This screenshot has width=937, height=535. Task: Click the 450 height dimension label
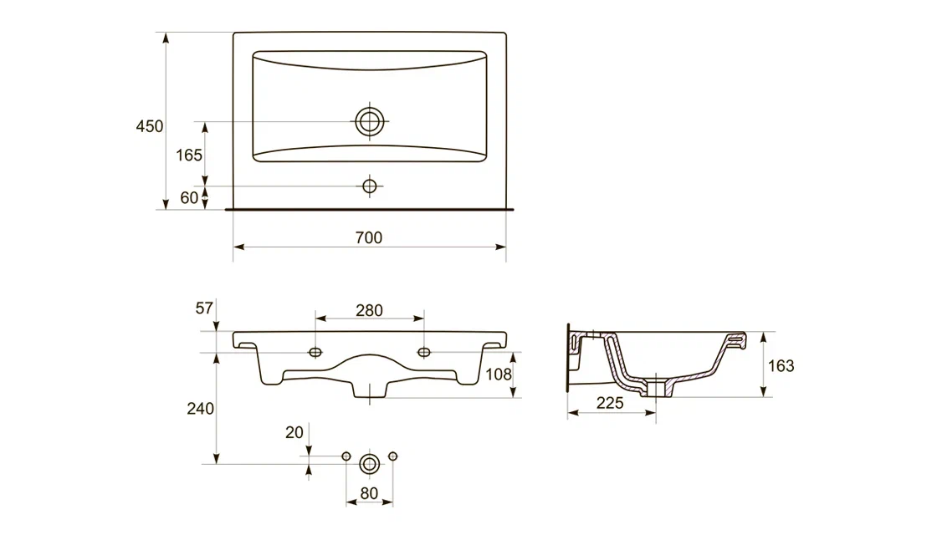[150, 126]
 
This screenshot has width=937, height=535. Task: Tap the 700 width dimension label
[369, 237]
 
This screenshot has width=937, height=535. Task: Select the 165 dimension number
[189, 155]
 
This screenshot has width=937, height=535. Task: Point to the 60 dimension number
[189, 197]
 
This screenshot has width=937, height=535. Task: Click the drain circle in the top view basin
[369, 122]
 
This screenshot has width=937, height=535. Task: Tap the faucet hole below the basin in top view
[369, 186]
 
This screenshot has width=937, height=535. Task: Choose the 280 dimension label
[369, 310]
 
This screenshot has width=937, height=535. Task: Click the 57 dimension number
[204, 308]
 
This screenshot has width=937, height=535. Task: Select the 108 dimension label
[499, 374]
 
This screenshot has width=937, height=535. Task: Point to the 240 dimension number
[200, 409]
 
